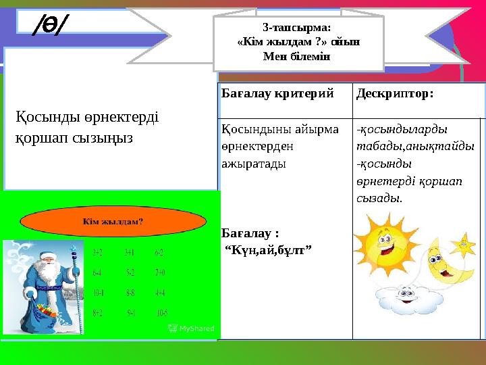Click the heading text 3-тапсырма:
[x=298, y=28]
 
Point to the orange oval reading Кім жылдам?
[x=113, y=220]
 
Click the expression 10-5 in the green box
[x=162, y=312]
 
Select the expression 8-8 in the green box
[x=133, y=293]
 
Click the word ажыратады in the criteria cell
[x=252, y=164]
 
